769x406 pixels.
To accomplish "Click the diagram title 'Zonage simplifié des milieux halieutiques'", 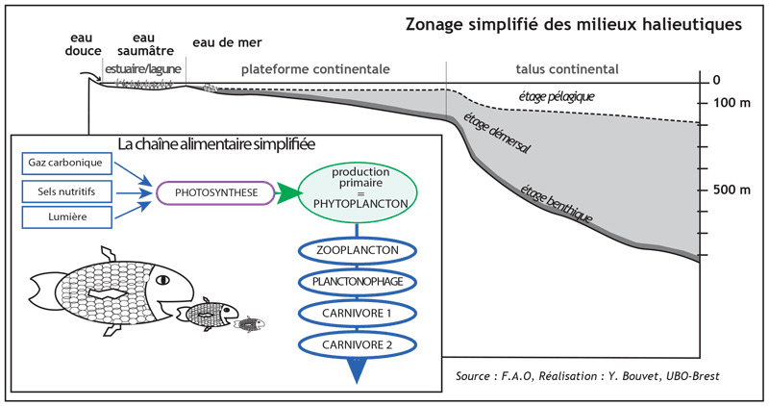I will click(x=573, y=24).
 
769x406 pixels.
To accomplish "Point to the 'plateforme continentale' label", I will click(x=314, y=69).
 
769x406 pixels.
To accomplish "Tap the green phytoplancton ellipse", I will click(x=358, y=192).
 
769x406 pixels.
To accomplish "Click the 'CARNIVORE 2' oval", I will click(x=358, y=343).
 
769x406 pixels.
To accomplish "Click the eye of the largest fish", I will click(x=162, y=280).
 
